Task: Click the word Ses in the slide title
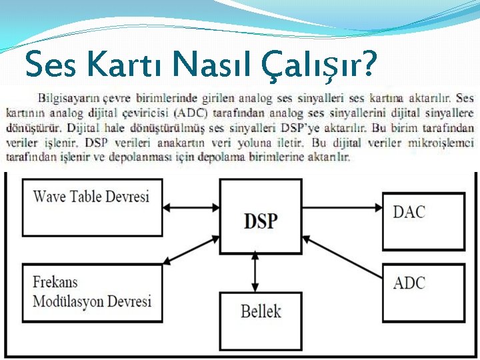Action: coord(47,65)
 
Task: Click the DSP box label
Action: coord(260,220)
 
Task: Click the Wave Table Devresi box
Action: coord(92,207)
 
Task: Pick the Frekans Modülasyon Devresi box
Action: coord(92,292)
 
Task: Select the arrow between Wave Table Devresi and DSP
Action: coord(191,207)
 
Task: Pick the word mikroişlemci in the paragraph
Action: coord(442,142)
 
